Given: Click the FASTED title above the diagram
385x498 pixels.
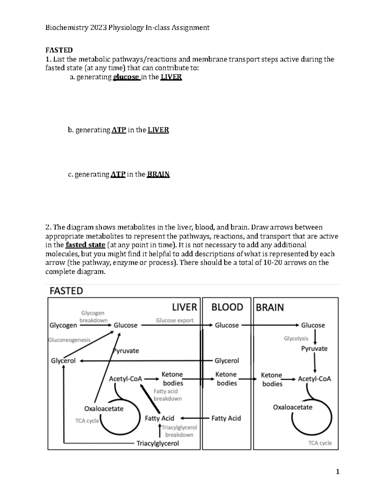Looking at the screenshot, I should [66, 291].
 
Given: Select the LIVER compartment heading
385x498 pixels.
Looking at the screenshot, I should [184, 307].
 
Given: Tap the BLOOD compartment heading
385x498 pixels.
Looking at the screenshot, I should [227, 307].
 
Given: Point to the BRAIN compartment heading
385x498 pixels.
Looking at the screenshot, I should [270, 308].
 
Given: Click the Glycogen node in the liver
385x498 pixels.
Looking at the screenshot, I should [63, 325].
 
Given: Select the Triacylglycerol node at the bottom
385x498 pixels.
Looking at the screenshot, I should [158, 443].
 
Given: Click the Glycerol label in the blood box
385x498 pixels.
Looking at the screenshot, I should [227, 361].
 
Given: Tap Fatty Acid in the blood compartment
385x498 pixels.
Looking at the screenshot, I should [226, 418].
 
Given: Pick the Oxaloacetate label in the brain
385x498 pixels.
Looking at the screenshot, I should [293, 407].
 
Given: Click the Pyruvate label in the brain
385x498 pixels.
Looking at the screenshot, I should [314, 349].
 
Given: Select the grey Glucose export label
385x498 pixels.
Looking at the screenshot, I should [175, 320].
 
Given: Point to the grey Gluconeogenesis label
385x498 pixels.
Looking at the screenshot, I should [69, 340].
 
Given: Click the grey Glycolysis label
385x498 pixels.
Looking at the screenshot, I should [296, 338].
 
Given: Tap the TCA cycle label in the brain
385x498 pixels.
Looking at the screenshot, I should [320, 443].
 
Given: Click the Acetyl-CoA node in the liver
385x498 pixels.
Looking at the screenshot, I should [125, 379].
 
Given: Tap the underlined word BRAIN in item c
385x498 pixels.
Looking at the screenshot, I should [158, 174].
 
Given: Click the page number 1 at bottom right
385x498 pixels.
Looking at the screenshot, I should [337, 472].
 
